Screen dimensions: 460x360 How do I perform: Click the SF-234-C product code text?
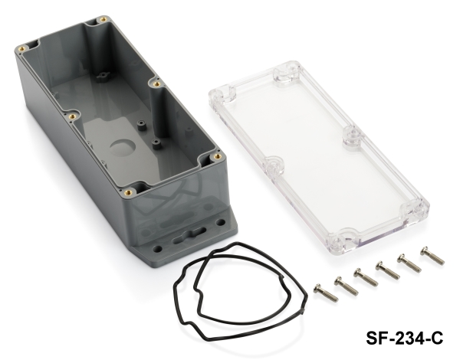pos(404,339)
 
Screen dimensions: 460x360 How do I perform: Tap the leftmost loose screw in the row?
pos(325,293)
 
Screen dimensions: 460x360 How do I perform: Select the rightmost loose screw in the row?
pos(432,256)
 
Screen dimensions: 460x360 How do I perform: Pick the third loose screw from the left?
pos(366,277)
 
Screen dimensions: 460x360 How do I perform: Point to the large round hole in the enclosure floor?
pos(123,147)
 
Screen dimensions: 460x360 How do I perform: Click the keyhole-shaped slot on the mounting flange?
pos(191,235)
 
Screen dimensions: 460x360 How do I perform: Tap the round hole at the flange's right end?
pos(220,222)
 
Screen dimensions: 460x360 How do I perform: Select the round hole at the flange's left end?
pos(157,249)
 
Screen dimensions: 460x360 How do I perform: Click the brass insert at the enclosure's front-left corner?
pos(128,192)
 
